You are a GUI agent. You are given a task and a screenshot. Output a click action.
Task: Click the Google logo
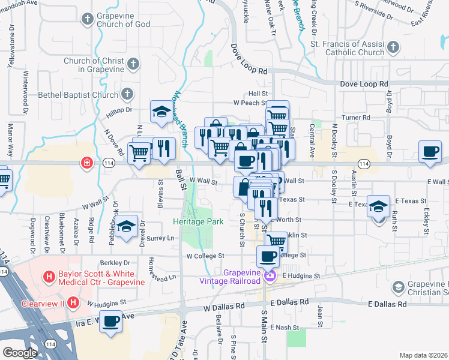point(19,353)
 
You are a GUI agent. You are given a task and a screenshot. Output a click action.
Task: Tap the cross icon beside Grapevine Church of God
point(88,19)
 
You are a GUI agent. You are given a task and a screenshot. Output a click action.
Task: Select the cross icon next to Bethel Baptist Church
point(127,94)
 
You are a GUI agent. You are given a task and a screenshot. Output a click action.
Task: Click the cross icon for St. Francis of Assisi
point(393,47)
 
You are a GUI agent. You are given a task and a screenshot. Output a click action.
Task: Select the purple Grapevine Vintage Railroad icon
point(270,276)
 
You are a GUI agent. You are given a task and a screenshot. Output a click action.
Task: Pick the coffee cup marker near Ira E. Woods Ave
point(110,322)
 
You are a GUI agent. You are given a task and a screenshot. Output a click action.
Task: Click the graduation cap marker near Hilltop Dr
point(161,112)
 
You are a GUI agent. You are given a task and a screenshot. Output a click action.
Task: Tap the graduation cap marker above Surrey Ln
point(126,226)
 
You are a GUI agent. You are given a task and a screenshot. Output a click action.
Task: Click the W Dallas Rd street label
point(224,305)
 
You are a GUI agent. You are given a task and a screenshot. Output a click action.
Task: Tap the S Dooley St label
point(334,187)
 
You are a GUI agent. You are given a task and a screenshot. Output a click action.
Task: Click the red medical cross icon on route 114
point(87,163)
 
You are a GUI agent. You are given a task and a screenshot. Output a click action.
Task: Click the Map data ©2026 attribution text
point(423,355)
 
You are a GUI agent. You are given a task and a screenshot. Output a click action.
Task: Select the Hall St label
point(258,94)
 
